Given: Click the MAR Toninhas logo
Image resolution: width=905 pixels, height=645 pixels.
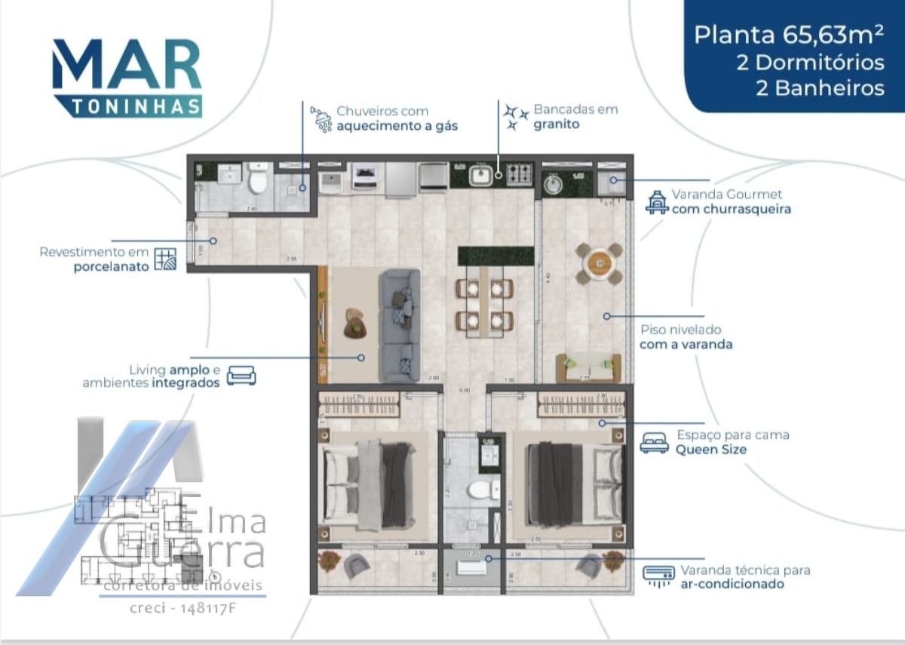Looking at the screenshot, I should pyautogui.click(x=127, y=78).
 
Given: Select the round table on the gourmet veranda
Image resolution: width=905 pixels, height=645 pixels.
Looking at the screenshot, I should pyautogui.click(x=600, y=263).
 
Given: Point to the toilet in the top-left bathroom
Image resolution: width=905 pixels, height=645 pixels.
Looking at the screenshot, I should pyautogui.click(x=258, y=180).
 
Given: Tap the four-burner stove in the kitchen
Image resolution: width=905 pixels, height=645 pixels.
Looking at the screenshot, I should pyautogui.click(x=519, y=175).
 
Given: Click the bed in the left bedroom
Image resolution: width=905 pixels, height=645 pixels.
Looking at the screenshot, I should pyautogui.click(x=367, y=485).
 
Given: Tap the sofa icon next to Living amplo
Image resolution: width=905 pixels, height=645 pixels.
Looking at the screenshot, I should pyautogui.click(x=241, y=375).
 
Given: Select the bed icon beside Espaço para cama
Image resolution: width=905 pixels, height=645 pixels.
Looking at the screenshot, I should pyautogui.click(x=654, y=443).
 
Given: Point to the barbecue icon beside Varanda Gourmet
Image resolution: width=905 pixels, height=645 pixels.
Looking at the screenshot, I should pyautogui.click(x=657, y=202).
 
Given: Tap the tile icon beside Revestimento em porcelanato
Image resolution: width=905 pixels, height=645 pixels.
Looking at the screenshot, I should pyautogui.click(x=164, y=259).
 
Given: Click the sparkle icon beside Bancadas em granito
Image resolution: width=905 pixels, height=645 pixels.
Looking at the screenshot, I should pyautogui.click(x=516, y=117).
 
